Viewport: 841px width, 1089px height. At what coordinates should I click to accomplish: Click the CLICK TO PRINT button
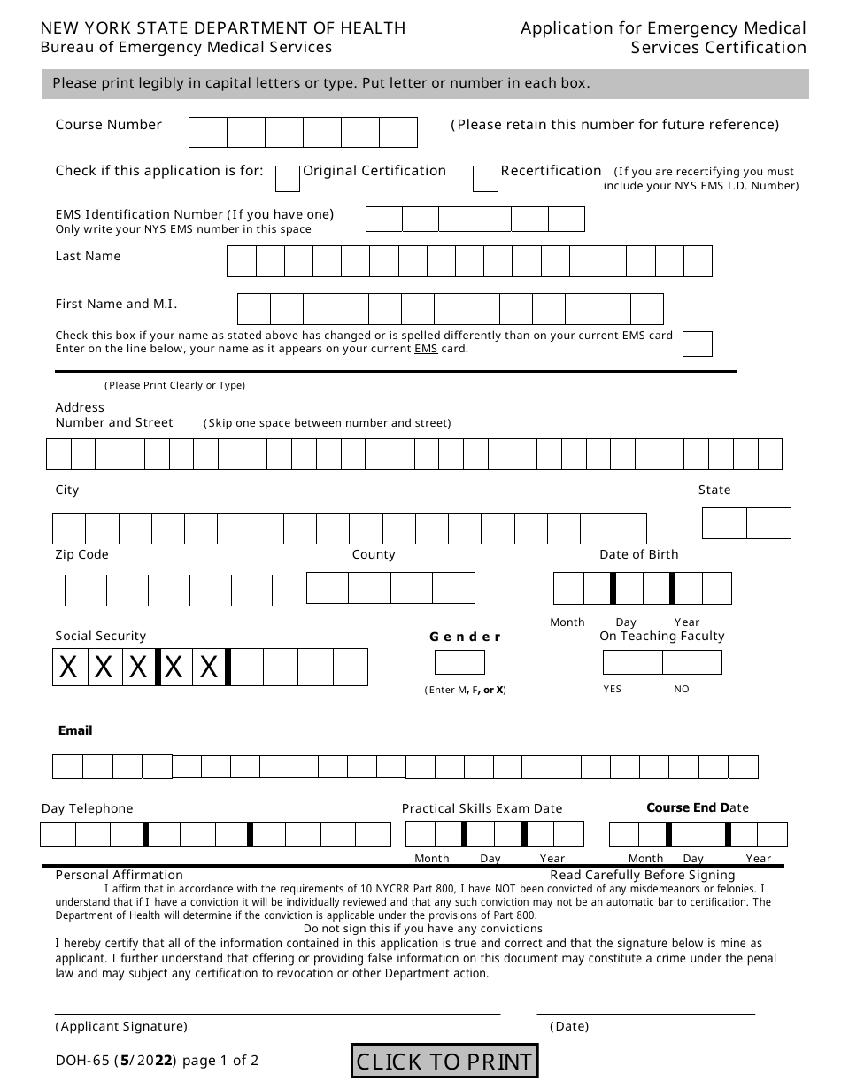(x=444, y=1061)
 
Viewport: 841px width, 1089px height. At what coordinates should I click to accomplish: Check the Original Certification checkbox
(x=288, y=179)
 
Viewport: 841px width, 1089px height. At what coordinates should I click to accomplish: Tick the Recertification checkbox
(x=485, y=179)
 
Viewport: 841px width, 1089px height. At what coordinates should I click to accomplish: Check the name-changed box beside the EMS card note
(x=698, y=344)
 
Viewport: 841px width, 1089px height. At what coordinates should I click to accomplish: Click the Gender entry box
(x=459, y=662)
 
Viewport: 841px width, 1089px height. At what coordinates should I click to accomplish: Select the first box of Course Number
(x=208, y=132)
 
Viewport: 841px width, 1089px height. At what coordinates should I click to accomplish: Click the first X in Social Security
(x=69, y=668)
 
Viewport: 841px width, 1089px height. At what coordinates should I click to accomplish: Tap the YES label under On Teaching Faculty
(x=613, y=689)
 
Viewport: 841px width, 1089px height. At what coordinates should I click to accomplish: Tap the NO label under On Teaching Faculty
(x=682, y=689)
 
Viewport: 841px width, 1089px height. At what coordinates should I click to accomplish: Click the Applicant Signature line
(x=277, y=1012)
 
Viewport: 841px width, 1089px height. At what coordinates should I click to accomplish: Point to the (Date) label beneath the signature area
(x=569, y=1027)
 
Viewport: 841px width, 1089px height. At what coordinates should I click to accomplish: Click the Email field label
(x=75, y=730)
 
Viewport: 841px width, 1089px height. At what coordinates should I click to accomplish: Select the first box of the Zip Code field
(x=86, y=591)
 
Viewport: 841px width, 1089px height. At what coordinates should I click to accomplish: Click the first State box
(x=724, y=523)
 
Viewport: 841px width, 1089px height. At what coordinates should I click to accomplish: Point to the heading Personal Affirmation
(x=120, y=875)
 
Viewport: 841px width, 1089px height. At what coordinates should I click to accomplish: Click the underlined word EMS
(x=426, y=349)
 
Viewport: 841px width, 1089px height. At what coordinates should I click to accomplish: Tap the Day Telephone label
(x=88, y=808)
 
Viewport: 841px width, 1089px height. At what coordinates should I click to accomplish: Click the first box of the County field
(x=328, y=588)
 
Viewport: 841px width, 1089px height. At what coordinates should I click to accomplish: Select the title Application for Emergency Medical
(x=663, y=28)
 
